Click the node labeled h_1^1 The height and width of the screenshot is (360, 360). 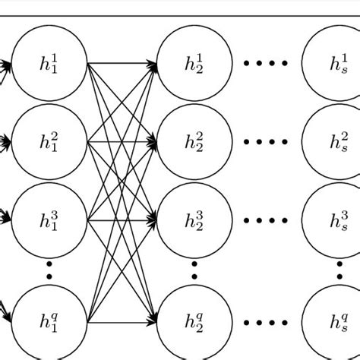tap(49, 64)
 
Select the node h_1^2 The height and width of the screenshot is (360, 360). tap(49, 142)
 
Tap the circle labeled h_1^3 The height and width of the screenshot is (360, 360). tap(49, 220)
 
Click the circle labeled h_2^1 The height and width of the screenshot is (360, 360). tap(194, 64)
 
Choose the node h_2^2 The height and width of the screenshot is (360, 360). tap(194, 142)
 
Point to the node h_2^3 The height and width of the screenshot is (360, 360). tap(194, 220)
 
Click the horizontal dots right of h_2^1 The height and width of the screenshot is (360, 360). tap(266, 64)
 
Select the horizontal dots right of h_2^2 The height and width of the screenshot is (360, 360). tap(266, 142)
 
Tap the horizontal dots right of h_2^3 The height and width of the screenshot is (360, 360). tap(266, 220)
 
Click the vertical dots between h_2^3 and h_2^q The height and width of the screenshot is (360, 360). tap(194, 270)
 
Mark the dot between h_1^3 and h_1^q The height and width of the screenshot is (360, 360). tap(49, 270)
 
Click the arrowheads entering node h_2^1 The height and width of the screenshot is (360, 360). tap(152, 65)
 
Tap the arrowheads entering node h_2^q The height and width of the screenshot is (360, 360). tap(152, 317)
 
